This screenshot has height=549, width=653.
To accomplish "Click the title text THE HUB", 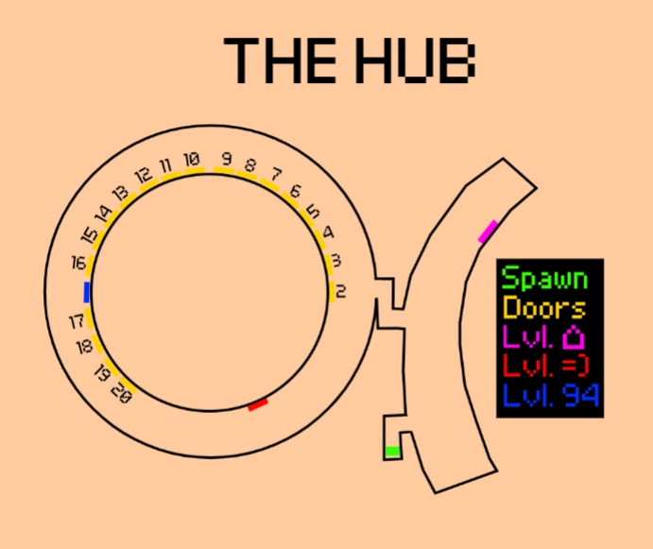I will tap(350, 59).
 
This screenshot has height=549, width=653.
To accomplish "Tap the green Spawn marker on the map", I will tap(392, 452).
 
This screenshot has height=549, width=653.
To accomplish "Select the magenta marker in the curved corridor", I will tap(488, 232).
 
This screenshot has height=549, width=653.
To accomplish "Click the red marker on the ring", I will tap(258, 404).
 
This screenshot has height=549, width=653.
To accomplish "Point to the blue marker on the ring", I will tap(87, 292).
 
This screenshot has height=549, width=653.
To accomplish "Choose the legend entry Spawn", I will tap(544, 280).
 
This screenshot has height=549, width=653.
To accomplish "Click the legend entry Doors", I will tap(544, 308).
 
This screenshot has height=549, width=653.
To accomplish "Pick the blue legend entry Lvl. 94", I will tap(551, 394).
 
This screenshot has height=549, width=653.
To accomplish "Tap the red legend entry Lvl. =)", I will tap(543, 366).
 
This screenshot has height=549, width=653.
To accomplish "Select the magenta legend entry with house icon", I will tap(544, 336).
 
